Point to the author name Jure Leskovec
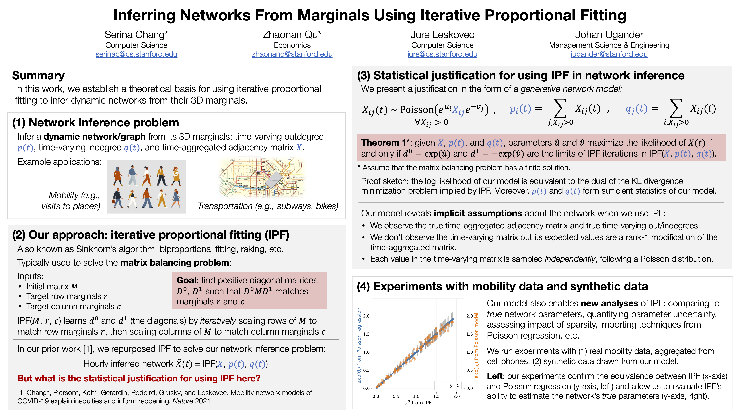tap(442, 35)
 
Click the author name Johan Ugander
tap(609, 35)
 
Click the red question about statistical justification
tap(139, 378)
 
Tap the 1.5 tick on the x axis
tap(436, 396)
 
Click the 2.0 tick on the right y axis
tap(469, 316)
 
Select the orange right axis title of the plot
tap(476, 345)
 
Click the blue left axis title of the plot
tap(359, 345)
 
